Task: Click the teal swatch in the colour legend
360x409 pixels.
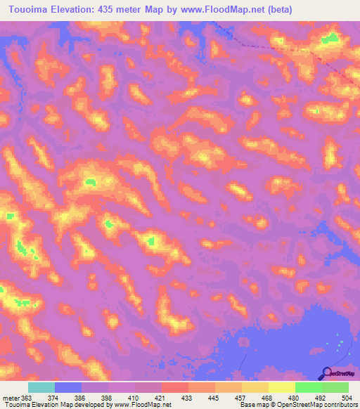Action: tap(41, 388)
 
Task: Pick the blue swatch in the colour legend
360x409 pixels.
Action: tap(67, 388)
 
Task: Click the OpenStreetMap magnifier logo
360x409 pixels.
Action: tap(327, 373)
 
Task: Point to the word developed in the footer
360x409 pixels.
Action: tap(89, 405)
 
